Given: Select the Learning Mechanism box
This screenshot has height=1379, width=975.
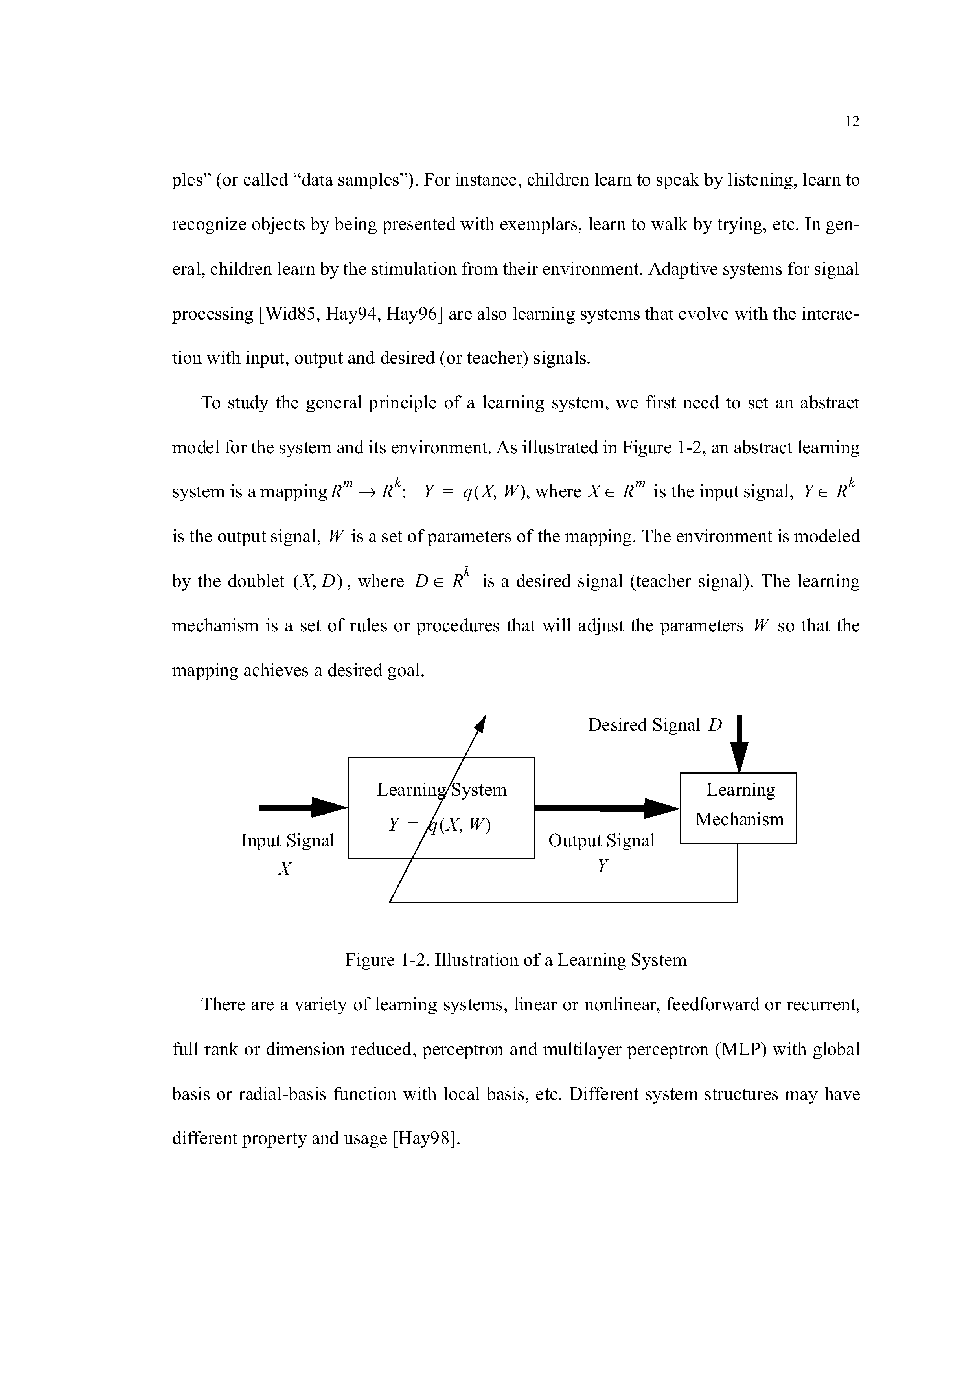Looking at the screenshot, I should click(738, 808).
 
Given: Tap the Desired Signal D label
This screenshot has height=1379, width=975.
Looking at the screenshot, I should click(654, 726).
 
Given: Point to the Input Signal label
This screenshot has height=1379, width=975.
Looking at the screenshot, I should click(287, 840).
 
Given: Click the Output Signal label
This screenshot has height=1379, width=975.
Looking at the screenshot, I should click(602, 840).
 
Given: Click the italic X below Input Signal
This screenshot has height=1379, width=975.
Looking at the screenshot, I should click(285, 868).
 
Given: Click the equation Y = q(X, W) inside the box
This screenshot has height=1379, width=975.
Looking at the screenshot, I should click(440, 826).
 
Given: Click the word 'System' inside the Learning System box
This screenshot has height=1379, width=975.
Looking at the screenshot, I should click(479, 790).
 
